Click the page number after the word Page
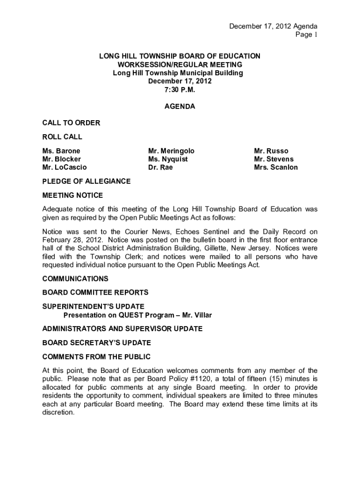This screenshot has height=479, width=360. pyautogui.click(x=316, y=35)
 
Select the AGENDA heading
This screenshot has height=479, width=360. pyautogui.click(x=180, y=107)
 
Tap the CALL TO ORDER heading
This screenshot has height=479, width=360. pyautogui.click(x=71, y=123)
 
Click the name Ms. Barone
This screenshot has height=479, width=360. pyautogui.click(x=61, y=151)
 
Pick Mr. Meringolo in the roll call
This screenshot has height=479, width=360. pyautogui.click(x=171, y=151)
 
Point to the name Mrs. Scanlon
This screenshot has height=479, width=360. pyautogui.click(x=276, y=167)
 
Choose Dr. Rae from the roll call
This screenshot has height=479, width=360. pyautogui.click(x=160, y=167)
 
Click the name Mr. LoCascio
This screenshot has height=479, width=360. pyautogui.click(x=65, y=167)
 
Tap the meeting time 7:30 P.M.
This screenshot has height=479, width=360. pyautogui.click(x=180, y=90)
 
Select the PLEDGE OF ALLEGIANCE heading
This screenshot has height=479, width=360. pyautogui.click(x=86, y=181)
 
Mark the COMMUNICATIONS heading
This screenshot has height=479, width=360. pyautogui.click(x=75, y=279)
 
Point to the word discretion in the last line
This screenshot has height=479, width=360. pyautogui.click(x=58, y=413)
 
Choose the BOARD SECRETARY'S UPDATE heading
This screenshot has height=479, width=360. pyautogui.click(x=96, y=343)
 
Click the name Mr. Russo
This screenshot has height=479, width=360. pyautogui.click(x=271, y=151)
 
